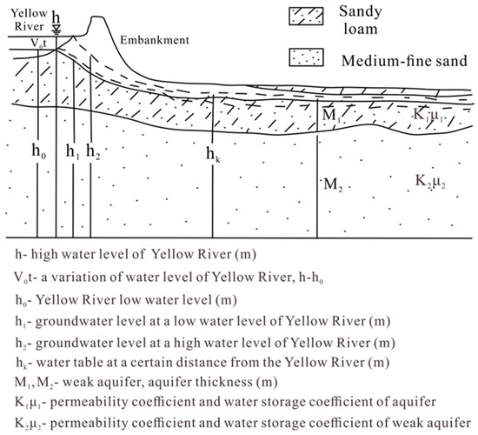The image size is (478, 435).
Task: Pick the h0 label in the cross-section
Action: tap(37, 151)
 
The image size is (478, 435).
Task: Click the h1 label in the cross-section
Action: tap(72, 151)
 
